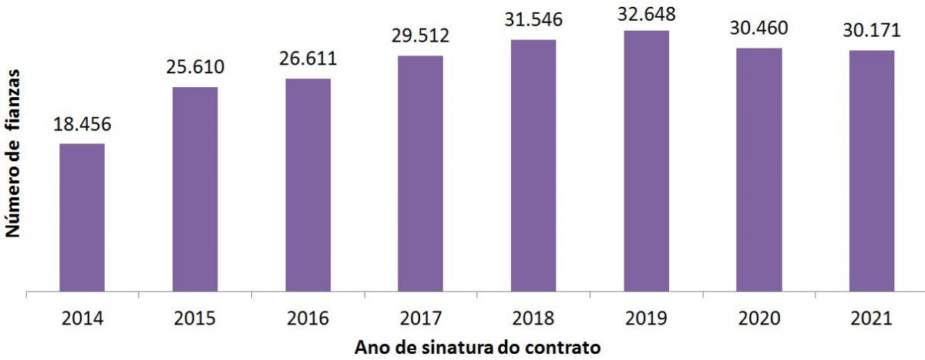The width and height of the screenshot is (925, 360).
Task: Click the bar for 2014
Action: pyautogui.click(x=82, y=218)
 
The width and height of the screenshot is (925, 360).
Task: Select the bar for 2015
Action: pyautogui.click(x=195, y=190)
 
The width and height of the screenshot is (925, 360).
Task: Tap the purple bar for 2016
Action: pyautogui.click(x=308, y=186)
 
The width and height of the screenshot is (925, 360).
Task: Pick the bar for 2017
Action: pyautogui.click(x=421, y=174)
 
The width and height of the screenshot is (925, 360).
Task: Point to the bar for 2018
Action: pyautogui.click(x=533, y=166)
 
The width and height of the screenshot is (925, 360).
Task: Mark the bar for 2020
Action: pyautogui.click(x=759, y=170)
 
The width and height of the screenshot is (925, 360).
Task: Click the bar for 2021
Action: pyautogui.click(x=872, y=171)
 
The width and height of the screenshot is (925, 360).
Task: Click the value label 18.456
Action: pyautogui.click(x=82, y=124)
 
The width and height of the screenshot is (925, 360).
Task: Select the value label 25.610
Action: pyautogui.click(x=195, y=67)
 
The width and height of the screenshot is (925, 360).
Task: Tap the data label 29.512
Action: pyautogui.click(x=421, y=35)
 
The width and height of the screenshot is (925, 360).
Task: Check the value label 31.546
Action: pyautogui.click(x=533, y=19)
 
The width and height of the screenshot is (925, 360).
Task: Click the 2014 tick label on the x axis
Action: pyautogui.click(x=82, y=318)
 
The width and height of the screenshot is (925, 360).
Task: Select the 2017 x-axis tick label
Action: pyautogui.click(x=421, y=318)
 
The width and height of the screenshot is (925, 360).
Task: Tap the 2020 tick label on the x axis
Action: pyautogui.click(x=759, y=318)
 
